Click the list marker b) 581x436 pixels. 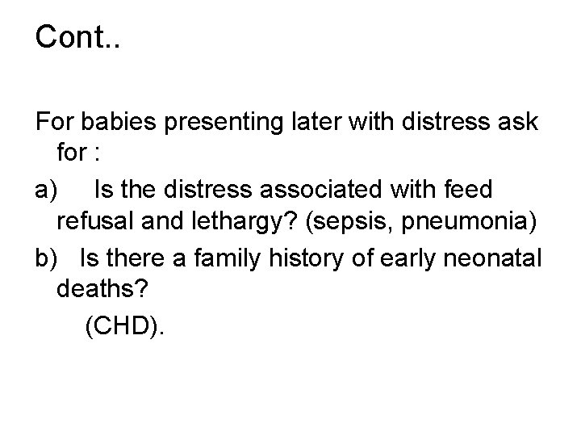point(47,259)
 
